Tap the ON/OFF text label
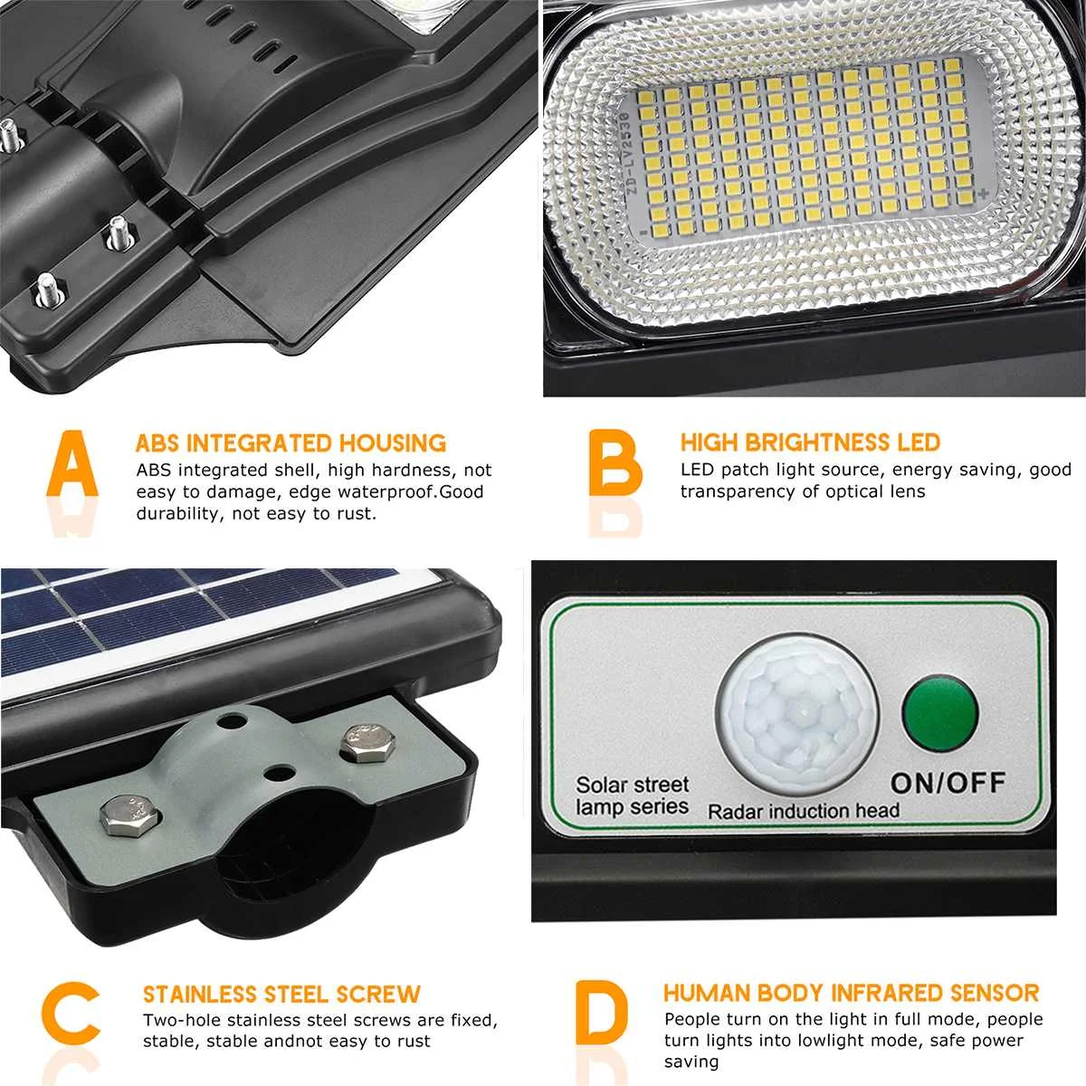(x=948, y=783)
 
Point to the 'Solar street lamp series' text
(x=633, y=795)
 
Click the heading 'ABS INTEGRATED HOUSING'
(x=291, y=443)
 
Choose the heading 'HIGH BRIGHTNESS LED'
(x=810, y=443)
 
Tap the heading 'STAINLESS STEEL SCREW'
(x=281, y=995)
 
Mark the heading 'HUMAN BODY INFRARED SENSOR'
(x=851, y=993)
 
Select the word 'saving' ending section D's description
(x=691, y=1062)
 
